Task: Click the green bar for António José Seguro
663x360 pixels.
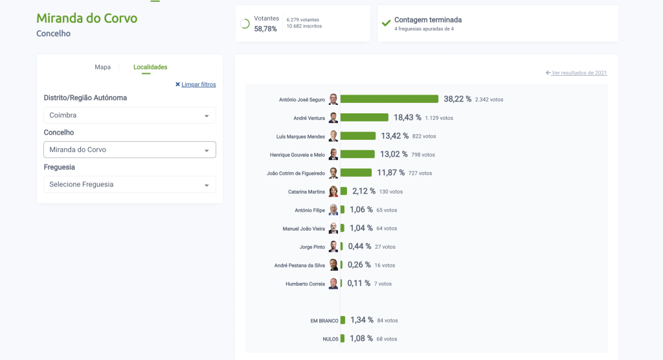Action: (x=389, y=99)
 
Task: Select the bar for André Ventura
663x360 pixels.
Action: (x=364, y=117)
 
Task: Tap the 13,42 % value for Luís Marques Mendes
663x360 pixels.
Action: (x=395, y=136)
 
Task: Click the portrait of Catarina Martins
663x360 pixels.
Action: (x=333, y=192)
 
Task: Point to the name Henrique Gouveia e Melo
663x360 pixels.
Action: (x=297, y=155)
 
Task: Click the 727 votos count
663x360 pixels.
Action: (x=420, y=173)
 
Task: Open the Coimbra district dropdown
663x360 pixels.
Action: (x=129, y=115)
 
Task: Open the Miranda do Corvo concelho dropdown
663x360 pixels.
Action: (x=129, y=150)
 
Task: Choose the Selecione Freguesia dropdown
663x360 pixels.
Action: (x=129, y=185)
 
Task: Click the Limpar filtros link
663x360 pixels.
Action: (x=196, y=84)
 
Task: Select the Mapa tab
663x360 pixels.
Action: (x=102, y=67)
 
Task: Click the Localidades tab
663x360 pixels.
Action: (x=150, y=67)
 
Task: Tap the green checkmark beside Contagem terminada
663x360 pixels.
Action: (x=387, y=23)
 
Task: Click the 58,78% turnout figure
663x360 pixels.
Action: (x=265, y=29)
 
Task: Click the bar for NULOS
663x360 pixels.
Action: (x=343, y=339)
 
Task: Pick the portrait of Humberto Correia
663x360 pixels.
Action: (x=333, y=284)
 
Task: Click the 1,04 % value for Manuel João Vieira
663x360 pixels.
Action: (x=361, y=228)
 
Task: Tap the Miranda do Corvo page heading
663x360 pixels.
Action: (x=87, y=18)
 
